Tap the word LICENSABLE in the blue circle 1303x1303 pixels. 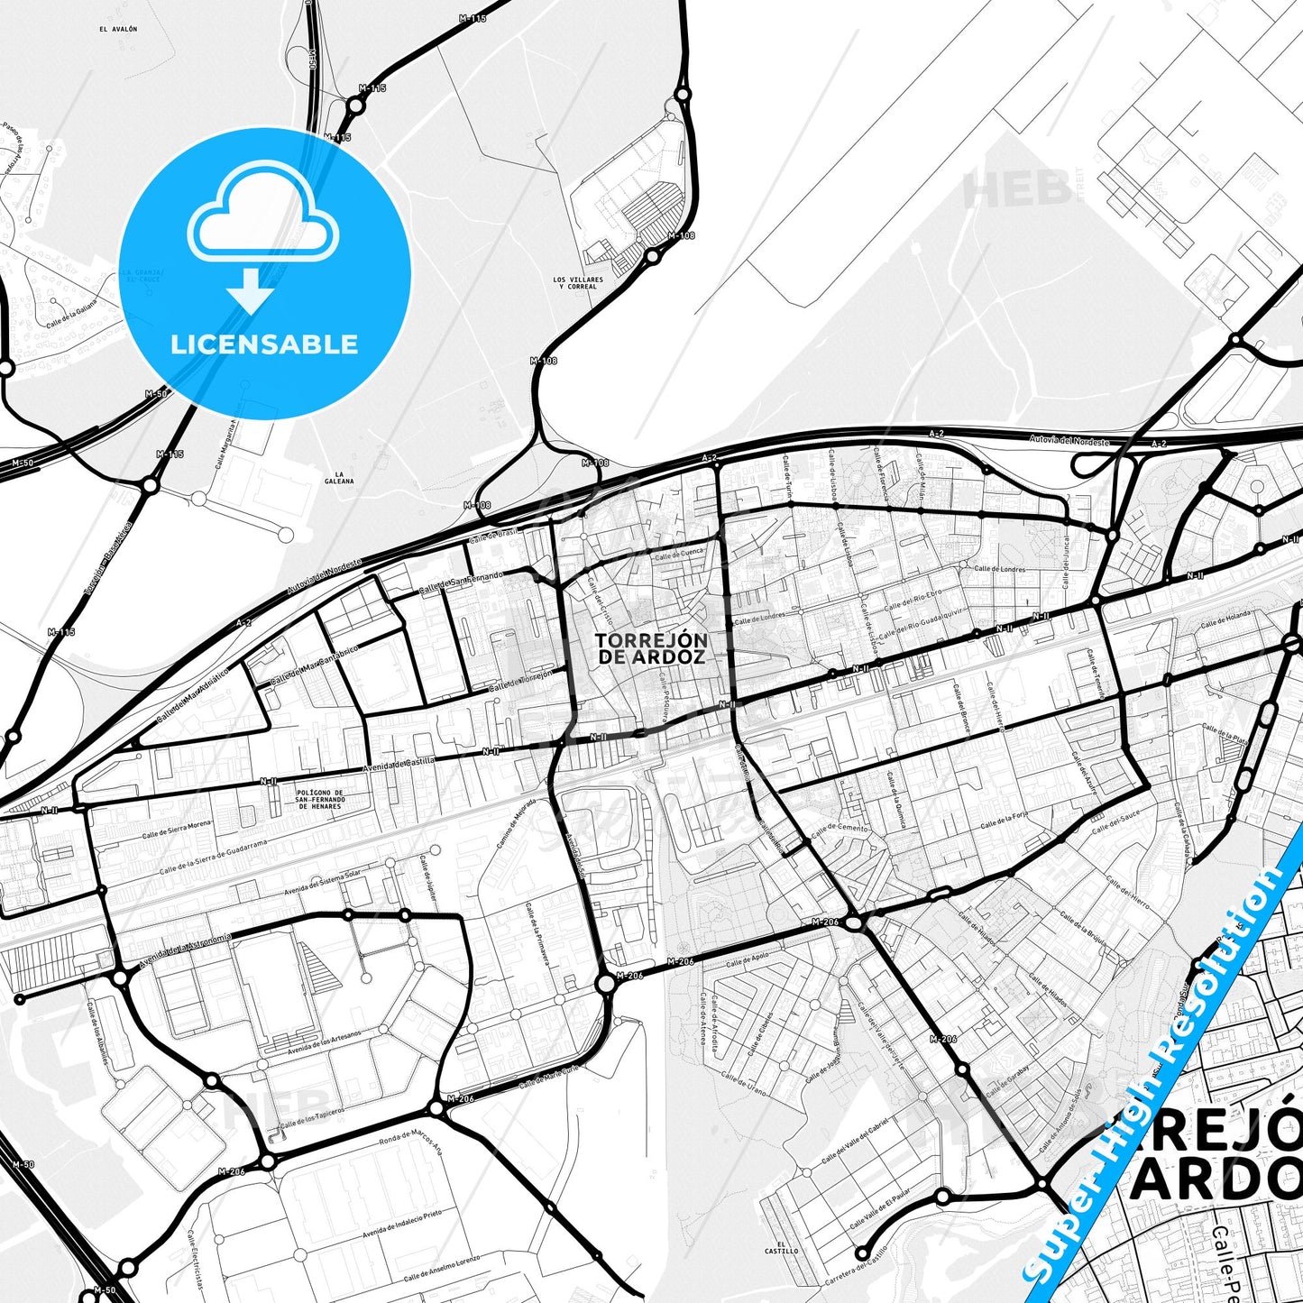[x=264, y=344]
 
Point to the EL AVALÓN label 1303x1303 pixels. [x=118, y=29]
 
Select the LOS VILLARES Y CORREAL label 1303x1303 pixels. [x=578, y=283]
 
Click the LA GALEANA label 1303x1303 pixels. [x=339, y=477]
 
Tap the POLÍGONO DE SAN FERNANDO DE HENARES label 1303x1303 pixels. [x=320, y=799]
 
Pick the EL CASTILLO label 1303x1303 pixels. [x=781, y=1247]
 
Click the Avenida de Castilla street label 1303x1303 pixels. [x=399, y=765]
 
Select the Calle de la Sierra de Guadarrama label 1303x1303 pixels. [x=214, y=858]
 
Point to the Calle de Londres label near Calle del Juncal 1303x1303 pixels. [x=1000, y=569]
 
